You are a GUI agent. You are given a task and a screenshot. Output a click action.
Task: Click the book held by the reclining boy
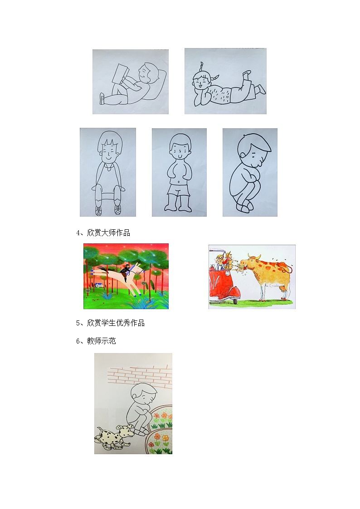click(x=120, y=74)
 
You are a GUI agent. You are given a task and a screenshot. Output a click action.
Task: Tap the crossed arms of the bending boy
click(x=248, y=175)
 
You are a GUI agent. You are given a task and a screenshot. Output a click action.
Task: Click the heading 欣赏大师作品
click(x=108, y=233)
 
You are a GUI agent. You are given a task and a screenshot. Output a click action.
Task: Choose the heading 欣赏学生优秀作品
click(x=116, y=323)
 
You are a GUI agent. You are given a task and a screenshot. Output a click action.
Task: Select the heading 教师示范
click(x=101, y=341)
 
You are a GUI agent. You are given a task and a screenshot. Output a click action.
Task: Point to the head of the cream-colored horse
click(x=137, y=269)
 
